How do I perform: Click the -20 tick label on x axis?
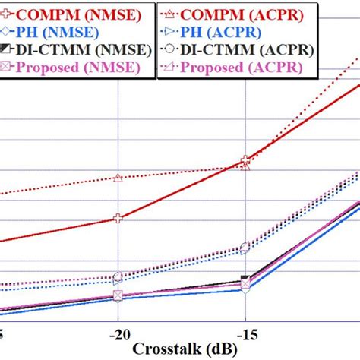[118, 335]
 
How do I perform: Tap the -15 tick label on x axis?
[245, 335]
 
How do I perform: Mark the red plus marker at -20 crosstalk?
[118, 218]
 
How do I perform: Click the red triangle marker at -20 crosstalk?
[118, 178]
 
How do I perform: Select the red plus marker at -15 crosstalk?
[245, 161]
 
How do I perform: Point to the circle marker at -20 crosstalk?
[118, 277]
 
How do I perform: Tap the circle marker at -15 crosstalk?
[245, 247]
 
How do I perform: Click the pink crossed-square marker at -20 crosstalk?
[118, 295]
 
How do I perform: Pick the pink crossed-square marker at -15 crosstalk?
[245, 286]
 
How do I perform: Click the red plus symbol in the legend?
[7, 14]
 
